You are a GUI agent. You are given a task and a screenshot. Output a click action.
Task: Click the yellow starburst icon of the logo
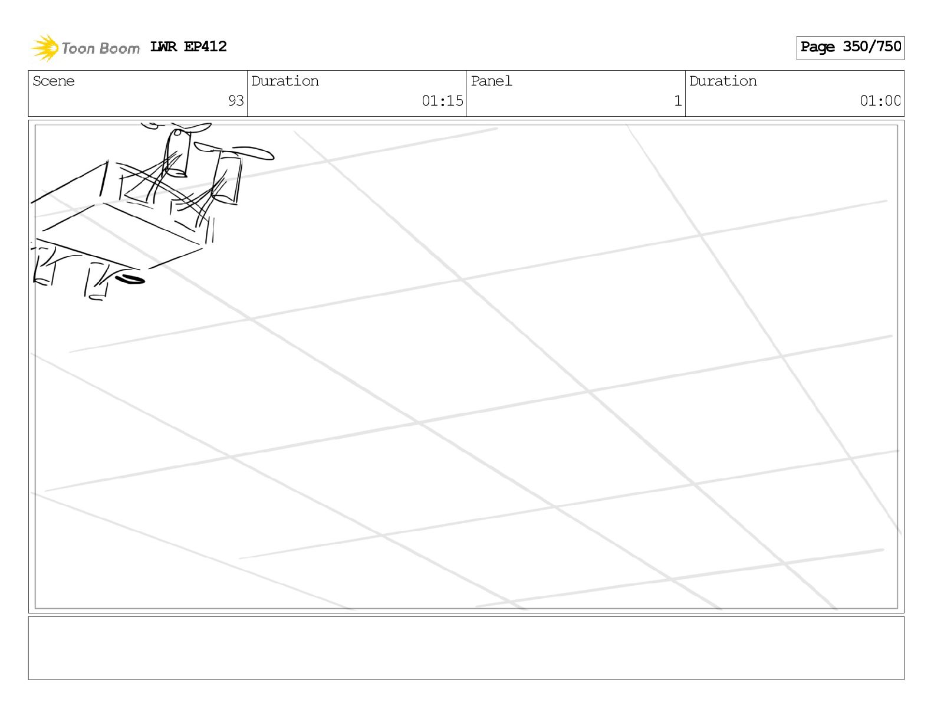point(44,47)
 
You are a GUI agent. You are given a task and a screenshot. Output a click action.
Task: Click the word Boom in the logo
point(120,48)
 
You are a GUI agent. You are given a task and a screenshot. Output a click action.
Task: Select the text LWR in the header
point(163,47)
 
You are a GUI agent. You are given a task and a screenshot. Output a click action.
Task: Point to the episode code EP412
point(205,47)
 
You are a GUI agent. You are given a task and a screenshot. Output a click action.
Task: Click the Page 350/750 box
point(850,47)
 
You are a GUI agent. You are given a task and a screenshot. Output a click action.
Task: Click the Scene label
point(54,81)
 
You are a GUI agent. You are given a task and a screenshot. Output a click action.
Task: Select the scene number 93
point(236,101)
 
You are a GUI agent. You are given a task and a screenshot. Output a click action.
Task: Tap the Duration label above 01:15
point(285,81)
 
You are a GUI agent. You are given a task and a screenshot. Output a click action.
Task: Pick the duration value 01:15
point(442,101)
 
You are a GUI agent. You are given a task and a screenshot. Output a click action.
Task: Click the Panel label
point(491,81)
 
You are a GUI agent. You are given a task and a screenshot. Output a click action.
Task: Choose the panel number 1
point(678,101)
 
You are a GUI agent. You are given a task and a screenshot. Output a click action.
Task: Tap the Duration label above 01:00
point(723,81)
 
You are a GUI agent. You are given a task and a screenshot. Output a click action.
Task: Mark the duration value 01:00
point(880,101)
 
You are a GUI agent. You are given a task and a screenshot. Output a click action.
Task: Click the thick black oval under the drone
point(130,279)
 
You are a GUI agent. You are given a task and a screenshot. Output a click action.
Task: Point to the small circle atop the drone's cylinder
point(177,132)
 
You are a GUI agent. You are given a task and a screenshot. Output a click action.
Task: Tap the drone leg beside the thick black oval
point(98,282)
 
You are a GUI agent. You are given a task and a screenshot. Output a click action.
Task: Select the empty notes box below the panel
point(466,648)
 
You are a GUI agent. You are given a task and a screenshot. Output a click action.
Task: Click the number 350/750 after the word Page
point(872,47)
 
